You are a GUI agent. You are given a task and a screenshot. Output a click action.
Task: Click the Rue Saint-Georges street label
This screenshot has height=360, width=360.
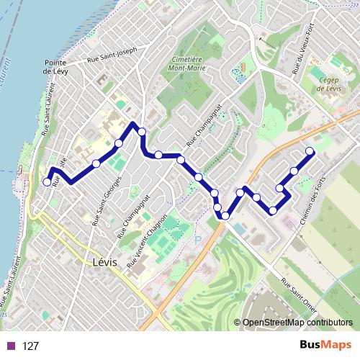point(104,204)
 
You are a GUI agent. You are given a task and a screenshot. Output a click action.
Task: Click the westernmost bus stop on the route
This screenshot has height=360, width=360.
point(47,182)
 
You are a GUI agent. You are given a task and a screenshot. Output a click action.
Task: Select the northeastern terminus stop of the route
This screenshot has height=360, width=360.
point(310,151)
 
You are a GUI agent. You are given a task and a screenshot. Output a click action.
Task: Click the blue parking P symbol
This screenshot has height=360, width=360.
point(198,240)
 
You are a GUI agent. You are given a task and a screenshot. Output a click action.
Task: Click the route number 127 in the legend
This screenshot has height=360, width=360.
point(30,346)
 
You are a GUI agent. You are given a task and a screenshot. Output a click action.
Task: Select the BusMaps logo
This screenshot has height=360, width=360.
point(325,345)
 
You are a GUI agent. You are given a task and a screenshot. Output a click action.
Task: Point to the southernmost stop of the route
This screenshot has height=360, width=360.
point(225,215)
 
